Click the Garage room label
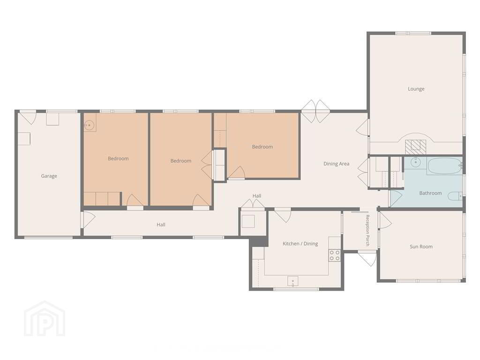[x=49, y=176]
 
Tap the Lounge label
[x=416, y=89]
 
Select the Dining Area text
[x=337, y=164]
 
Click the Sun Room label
[x=421, y=247]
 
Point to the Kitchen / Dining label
[x=300, y=244]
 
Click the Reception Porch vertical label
[x=367, y=230]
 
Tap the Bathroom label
[x=430, y=193]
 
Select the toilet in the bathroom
[x=455, y=195]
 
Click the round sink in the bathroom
[x=415, y=163]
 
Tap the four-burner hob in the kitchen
[x=335, y=255]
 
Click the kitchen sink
[x=293, y=281]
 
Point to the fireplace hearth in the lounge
[x=416, y=147]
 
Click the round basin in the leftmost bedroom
[x=89, y=125]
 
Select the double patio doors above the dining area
[x=316, y=111]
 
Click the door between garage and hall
[x=88, y=219]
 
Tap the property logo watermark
[x=45, y=319]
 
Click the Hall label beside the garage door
[x=161, y=225]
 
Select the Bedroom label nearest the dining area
[x=262, y=147]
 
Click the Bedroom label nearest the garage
[x=118, y=158]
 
